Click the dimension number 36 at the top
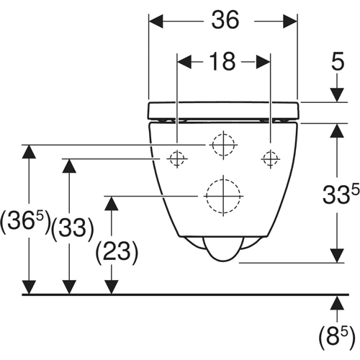(x=225, y=20)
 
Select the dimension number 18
(x=222, y=61)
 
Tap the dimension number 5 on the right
(x=338, y=61)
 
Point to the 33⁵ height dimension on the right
(x=341, y=194)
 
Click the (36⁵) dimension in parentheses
(x=25, y=222)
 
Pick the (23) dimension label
(x=117, y=253)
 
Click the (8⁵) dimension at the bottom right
(x=337, y=338)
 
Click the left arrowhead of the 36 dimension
(x=156, y=22)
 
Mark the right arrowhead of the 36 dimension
(x=290, y=22)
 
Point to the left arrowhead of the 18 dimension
(x=184, y=62)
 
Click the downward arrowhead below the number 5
(x=337, y=95)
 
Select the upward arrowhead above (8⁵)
(x=337, y=302)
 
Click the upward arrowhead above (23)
(x=111, y=203)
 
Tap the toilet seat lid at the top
(x=223, y=111)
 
